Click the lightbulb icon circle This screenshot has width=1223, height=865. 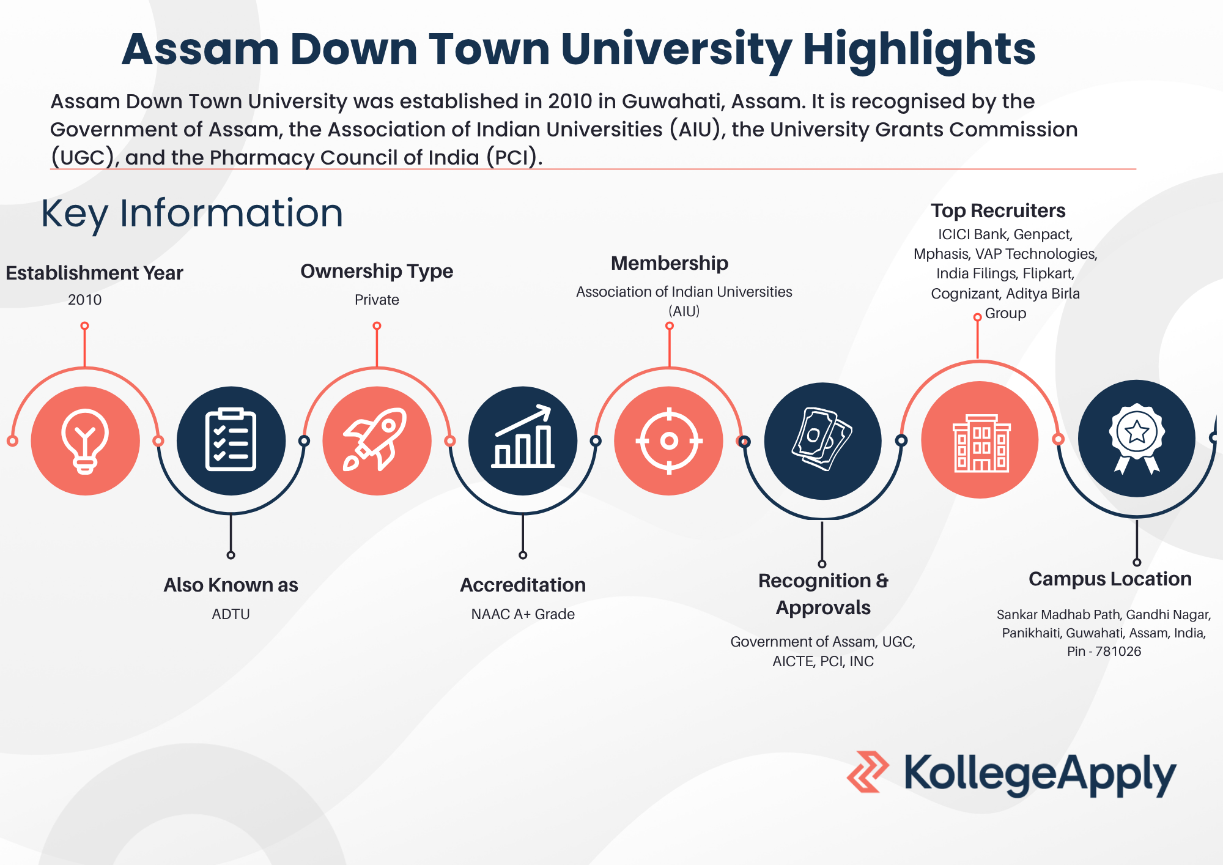click(x=86, y=440)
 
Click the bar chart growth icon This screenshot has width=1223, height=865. click(x=523, y=437)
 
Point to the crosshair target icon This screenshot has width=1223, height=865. click(x=669, y=440)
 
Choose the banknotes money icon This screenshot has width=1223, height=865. click(x=822, y=439)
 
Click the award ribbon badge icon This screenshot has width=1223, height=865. click(x=1137, y=438)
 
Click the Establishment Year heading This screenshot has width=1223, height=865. click(x=94, y=273)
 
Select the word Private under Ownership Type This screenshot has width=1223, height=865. click(x=377, y=300)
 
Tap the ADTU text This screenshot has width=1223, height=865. click(x=231, y=614)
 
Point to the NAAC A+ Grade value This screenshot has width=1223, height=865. click(x=523, y=614)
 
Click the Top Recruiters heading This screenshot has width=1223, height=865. click(x=998, y=210)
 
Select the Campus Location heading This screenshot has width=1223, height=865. click(x=1110, y=579)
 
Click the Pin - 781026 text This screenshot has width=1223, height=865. click(x=1104, y=652)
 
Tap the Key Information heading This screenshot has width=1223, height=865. click(x=192, y=214)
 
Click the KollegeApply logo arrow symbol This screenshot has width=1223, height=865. click(x=868, y=772)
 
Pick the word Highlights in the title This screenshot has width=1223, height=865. click(x=919, y=50)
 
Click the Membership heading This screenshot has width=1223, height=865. click(x=670, y=263)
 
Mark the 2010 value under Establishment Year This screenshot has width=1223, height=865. click(x=84, y=300)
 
